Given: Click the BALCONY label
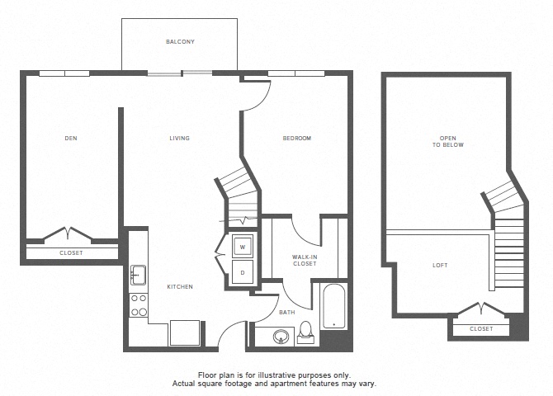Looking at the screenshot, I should coord(179,40).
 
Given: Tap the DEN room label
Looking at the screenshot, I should coord(71,138).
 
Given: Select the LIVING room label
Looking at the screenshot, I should coord(179,138).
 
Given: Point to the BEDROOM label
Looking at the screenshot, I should coord(297,138).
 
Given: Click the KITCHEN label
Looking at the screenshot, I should coord(180,286).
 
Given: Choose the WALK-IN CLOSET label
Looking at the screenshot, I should coord(305,261).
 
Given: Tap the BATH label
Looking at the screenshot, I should coord(286,313).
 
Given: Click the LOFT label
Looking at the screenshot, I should coord(441,266).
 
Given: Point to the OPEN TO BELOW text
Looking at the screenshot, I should coord(447,140).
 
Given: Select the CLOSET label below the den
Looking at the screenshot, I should coord(71,252).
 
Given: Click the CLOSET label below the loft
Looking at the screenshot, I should coord(480,328).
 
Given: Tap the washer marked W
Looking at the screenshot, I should coord(243,246).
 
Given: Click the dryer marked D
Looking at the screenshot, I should coord(243,271).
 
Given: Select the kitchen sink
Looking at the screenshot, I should coord(138,273).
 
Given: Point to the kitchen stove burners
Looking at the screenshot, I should coord(138,304).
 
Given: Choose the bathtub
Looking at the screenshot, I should coord(333,306).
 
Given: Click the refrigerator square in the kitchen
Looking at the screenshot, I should coord(184,332).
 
